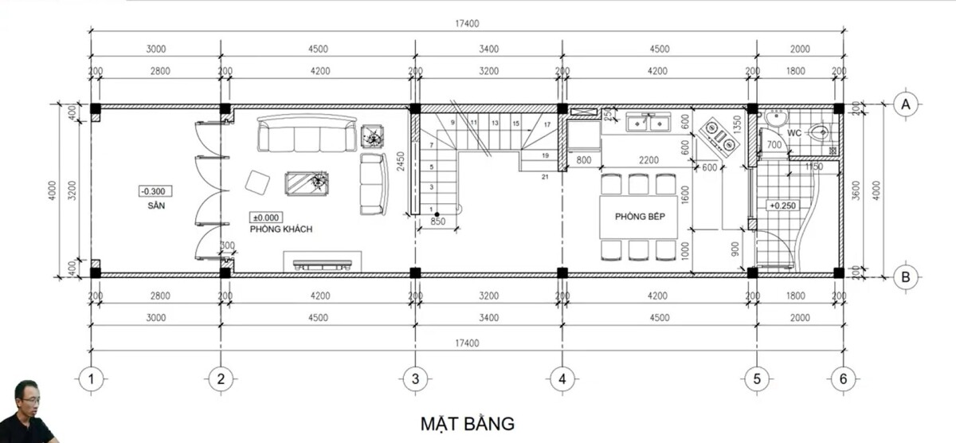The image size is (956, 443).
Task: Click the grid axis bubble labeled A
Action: pos(904,104)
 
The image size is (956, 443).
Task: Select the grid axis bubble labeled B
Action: pos(904,277)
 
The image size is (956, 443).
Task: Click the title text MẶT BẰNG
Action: pos(468,421)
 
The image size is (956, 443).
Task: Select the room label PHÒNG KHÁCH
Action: pos(280,229)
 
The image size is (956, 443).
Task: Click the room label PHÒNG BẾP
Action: pos(640,217)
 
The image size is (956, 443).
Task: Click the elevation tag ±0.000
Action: pos(267,217)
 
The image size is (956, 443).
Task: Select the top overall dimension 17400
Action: pos(468,24)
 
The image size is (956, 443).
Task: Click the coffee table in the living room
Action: pos(308,183)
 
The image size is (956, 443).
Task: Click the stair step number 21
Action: pos(545,175)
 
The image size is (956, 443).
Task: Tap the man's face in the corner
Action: pos(27,398)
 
